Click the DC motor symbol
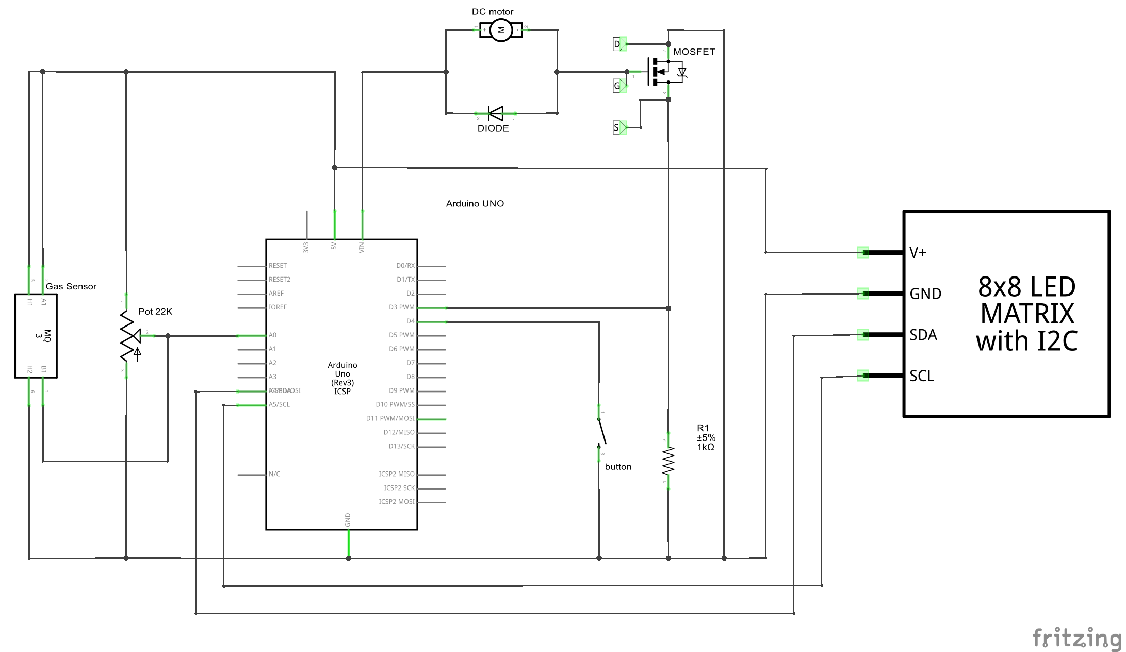click(500, 30)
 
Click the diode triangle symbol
click(496, 113)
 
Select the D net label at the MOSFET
click(618, 44)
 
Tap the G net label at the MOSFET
click(618, 86)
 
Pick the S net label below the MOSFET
click(617, 127)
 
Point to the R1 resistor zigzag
click(668, 461)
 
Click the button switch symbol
click(601, 432)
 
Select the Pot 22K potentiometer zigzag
click(127, 336)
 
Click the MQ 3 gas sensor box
click(36, 336)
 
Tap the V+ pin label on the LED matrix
click(918, 253)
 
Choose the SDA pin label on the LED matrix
click(923, 335)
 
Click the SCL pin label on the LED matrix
click(922, 376)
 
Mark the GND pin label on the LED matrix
click(925, 294)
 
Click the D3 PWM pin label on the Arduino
click(401, 307)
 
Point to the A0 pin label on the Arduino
click(272, 335)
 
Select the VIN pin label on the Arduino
click(362, 248)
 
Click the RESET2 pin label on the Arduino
click(279, 280)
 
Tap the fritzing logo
click(1076, 638)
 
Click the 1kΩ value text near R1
click(706, 447)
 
